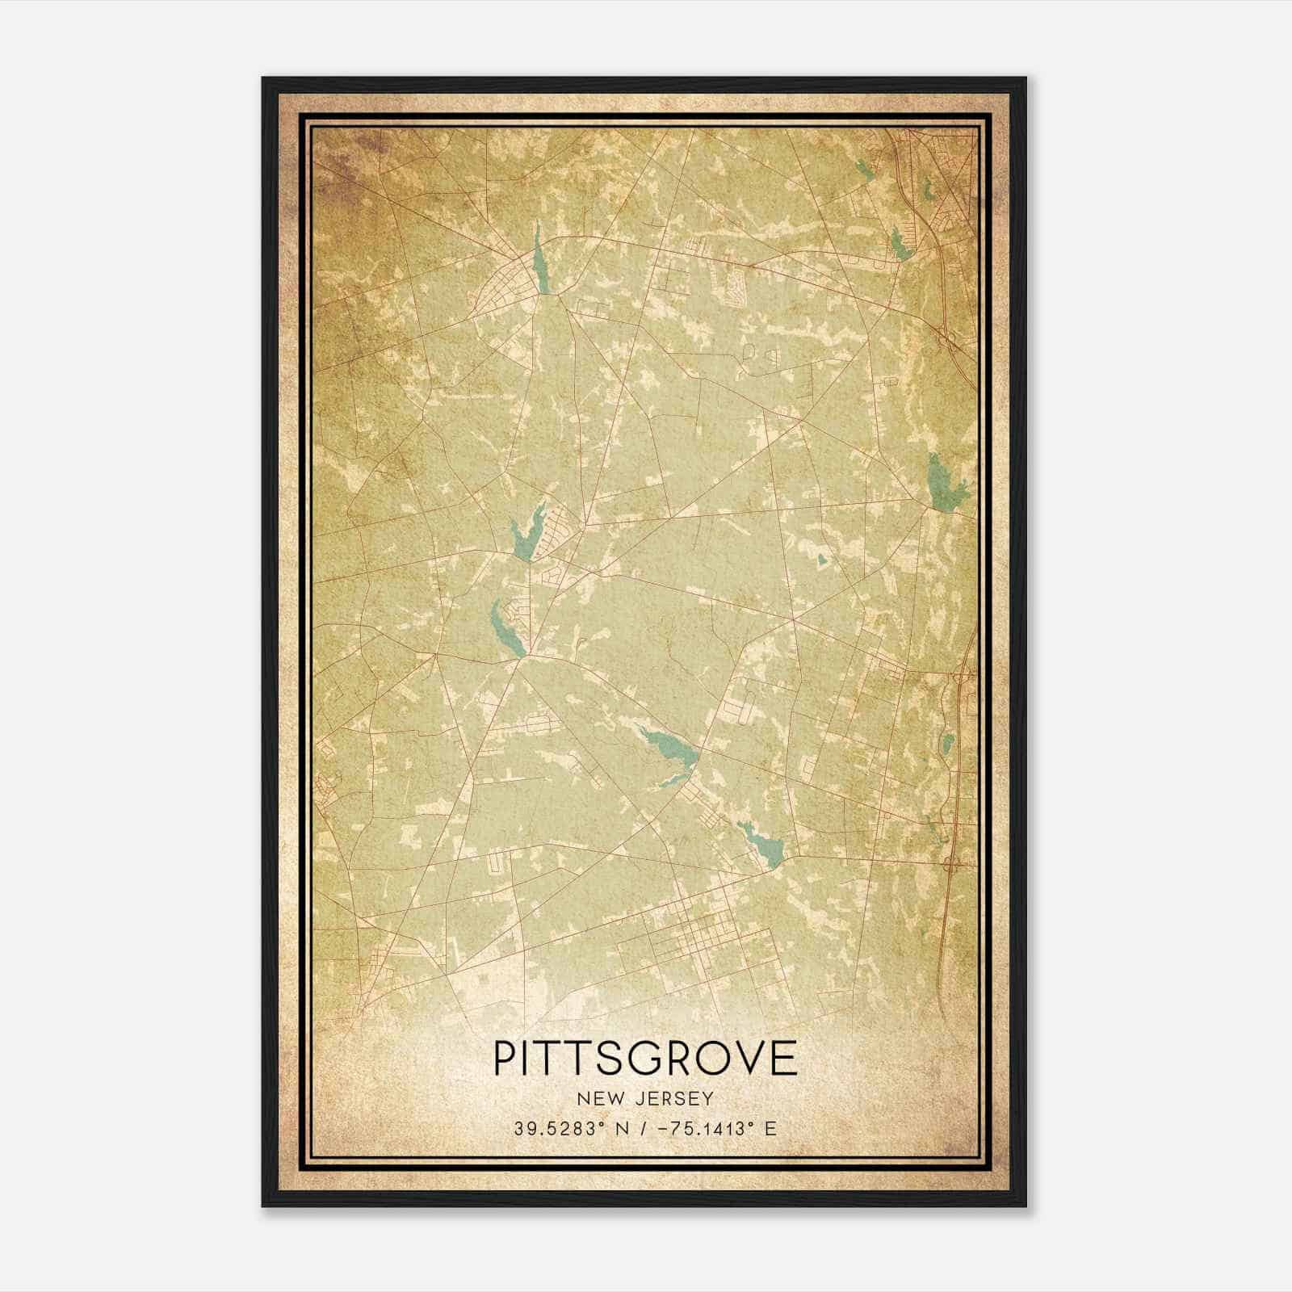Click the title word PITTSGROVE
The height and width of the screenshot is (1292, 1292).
[x=645, y=1058]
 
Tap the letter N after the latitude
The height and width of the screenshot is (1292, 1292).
[x=621, y=1128]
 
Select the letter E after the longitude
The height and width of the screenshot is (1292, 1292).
[x=770, y=1128]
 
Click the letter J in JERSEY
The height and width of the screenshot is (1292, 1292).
[x=642, y=1098]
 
